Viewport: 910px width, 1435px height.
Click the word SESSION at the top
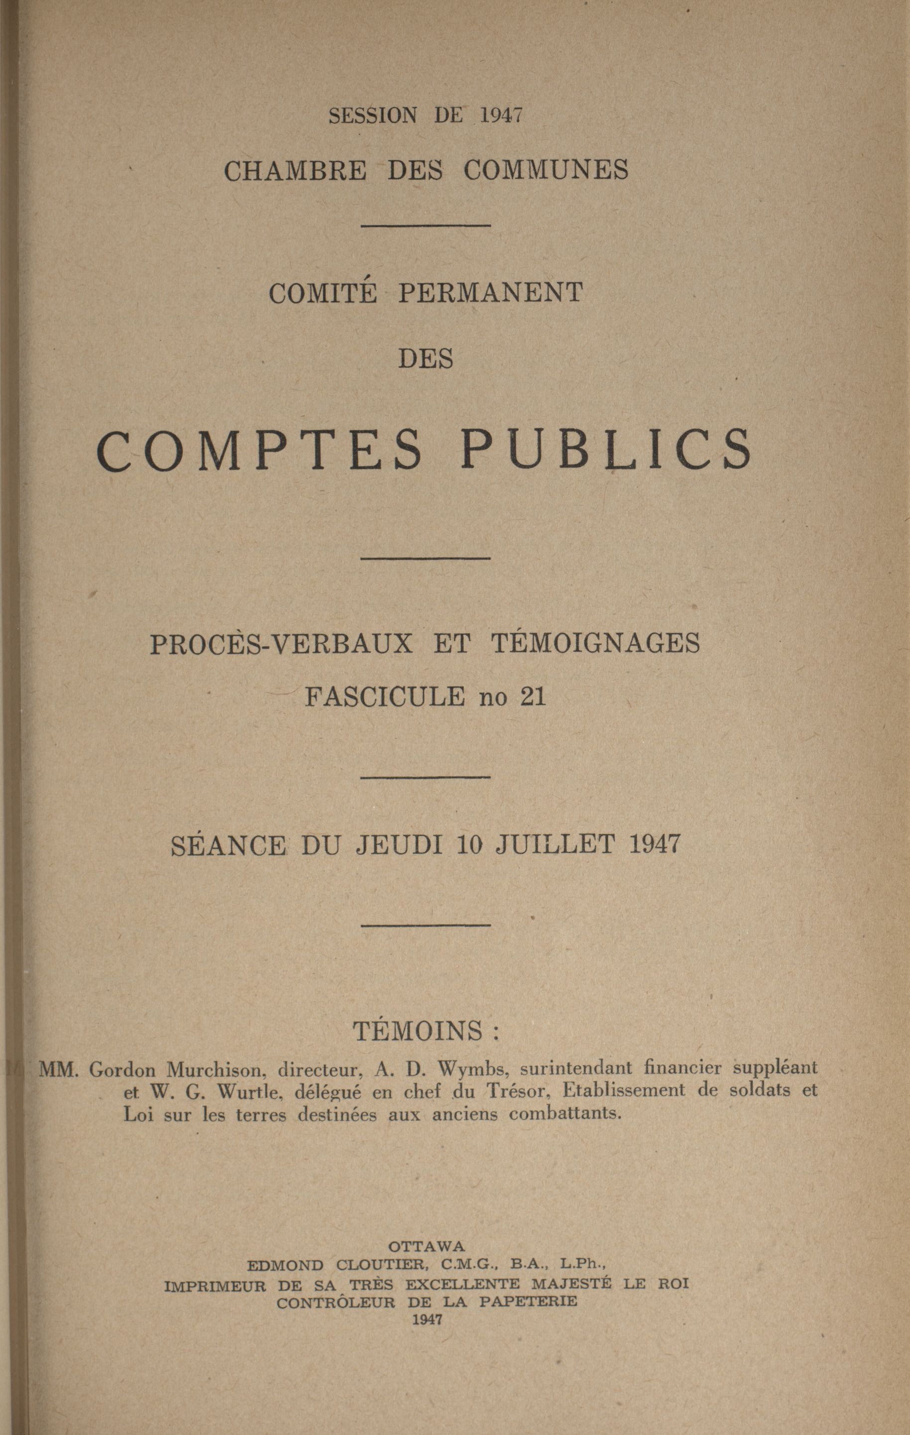point(372,115)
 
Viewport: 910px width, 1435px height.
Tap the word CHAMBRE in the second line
point(296,171)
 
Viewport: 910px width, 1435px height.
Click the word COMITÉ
point(323,293)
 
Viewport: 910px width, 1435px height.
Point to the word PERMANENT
point(490,293)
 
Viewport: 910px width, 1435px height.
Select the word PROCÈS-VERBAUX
point(281,644)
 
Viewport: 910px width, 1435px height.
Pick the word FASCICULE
point(385,696)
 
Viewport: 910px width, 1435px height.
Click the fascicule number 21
point(533,696)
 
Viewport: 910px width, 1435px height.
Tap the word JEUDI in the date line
point(399,844)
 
